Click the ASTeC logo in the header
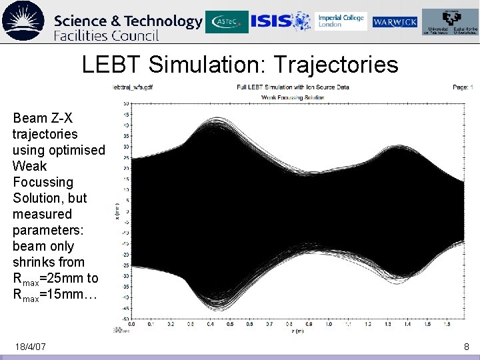point(227,22)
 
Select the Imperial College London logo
point(341,21)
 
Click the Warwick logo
point(395,23)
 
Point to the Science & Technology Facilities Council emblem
point(23,21)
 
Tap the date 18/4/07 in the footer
point(29,347)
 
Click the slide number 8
point(467,347)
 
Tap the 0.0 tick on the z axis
point(131,325)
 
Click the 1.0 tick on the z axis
point(328,325)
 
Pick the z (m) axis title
point(299,331)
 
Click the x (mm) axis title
point(118,212)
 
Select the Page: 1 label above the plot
point(462,87)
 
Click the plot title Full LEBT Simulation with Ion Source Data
point(293,87)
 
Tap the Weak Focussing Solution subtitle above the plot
point(293,97)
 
